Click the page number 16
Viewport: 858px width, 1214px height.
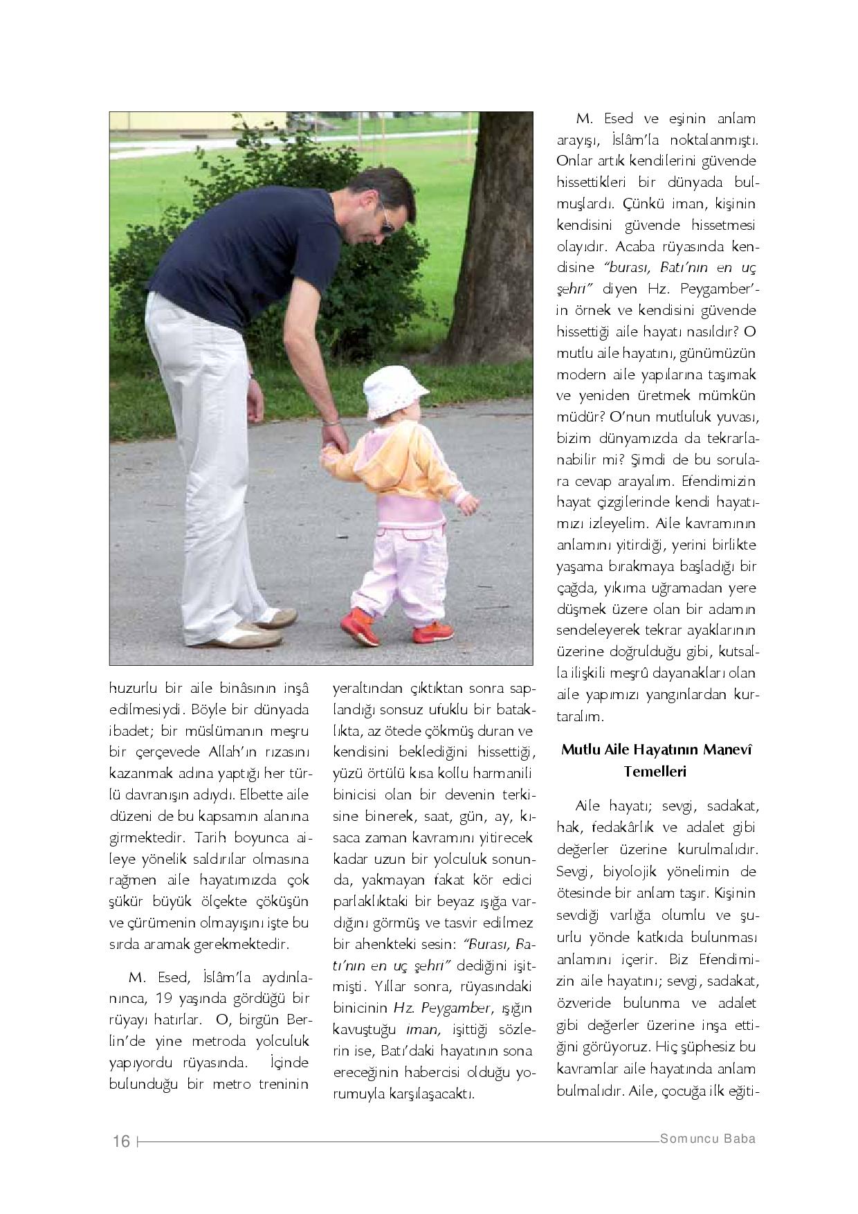point(121,1141)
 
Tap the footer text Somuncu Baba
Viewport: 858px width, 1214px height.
point(708,1139)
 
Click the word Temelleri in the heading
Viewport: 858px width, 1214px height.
point(655,771)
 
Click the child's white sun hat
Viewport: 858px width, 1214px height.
point(394,391)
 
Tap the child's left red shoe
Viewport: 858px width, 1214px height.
point(359,626)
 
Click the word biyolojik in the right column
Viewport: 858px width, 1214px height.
point(640,871)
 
